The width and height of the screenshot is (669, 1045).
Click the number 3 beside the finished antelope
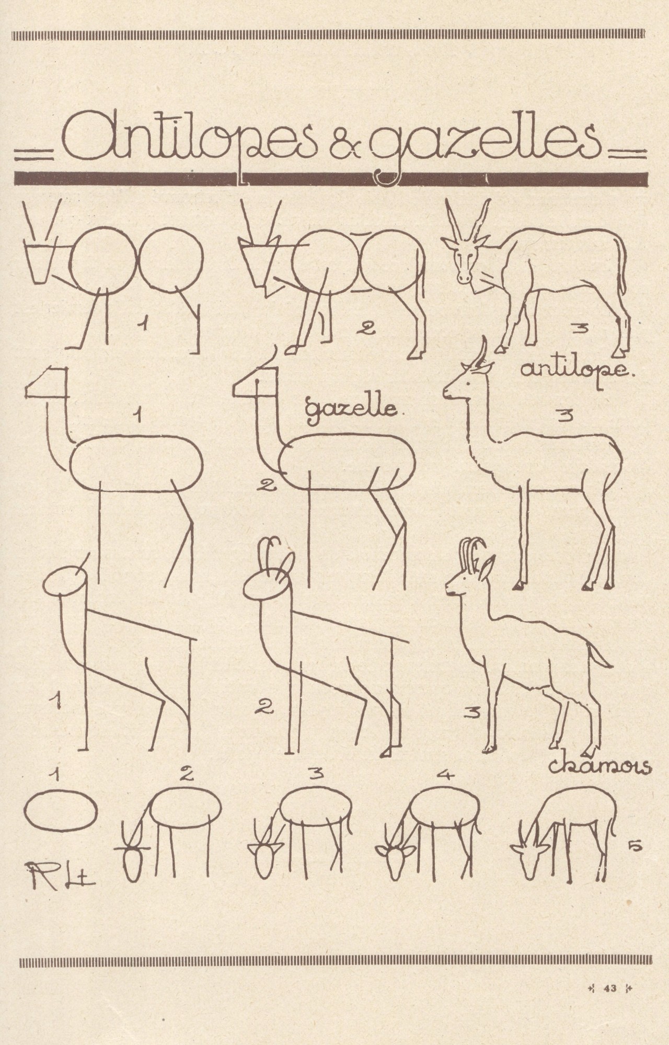pyautogui.click(x=580, y=329)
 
